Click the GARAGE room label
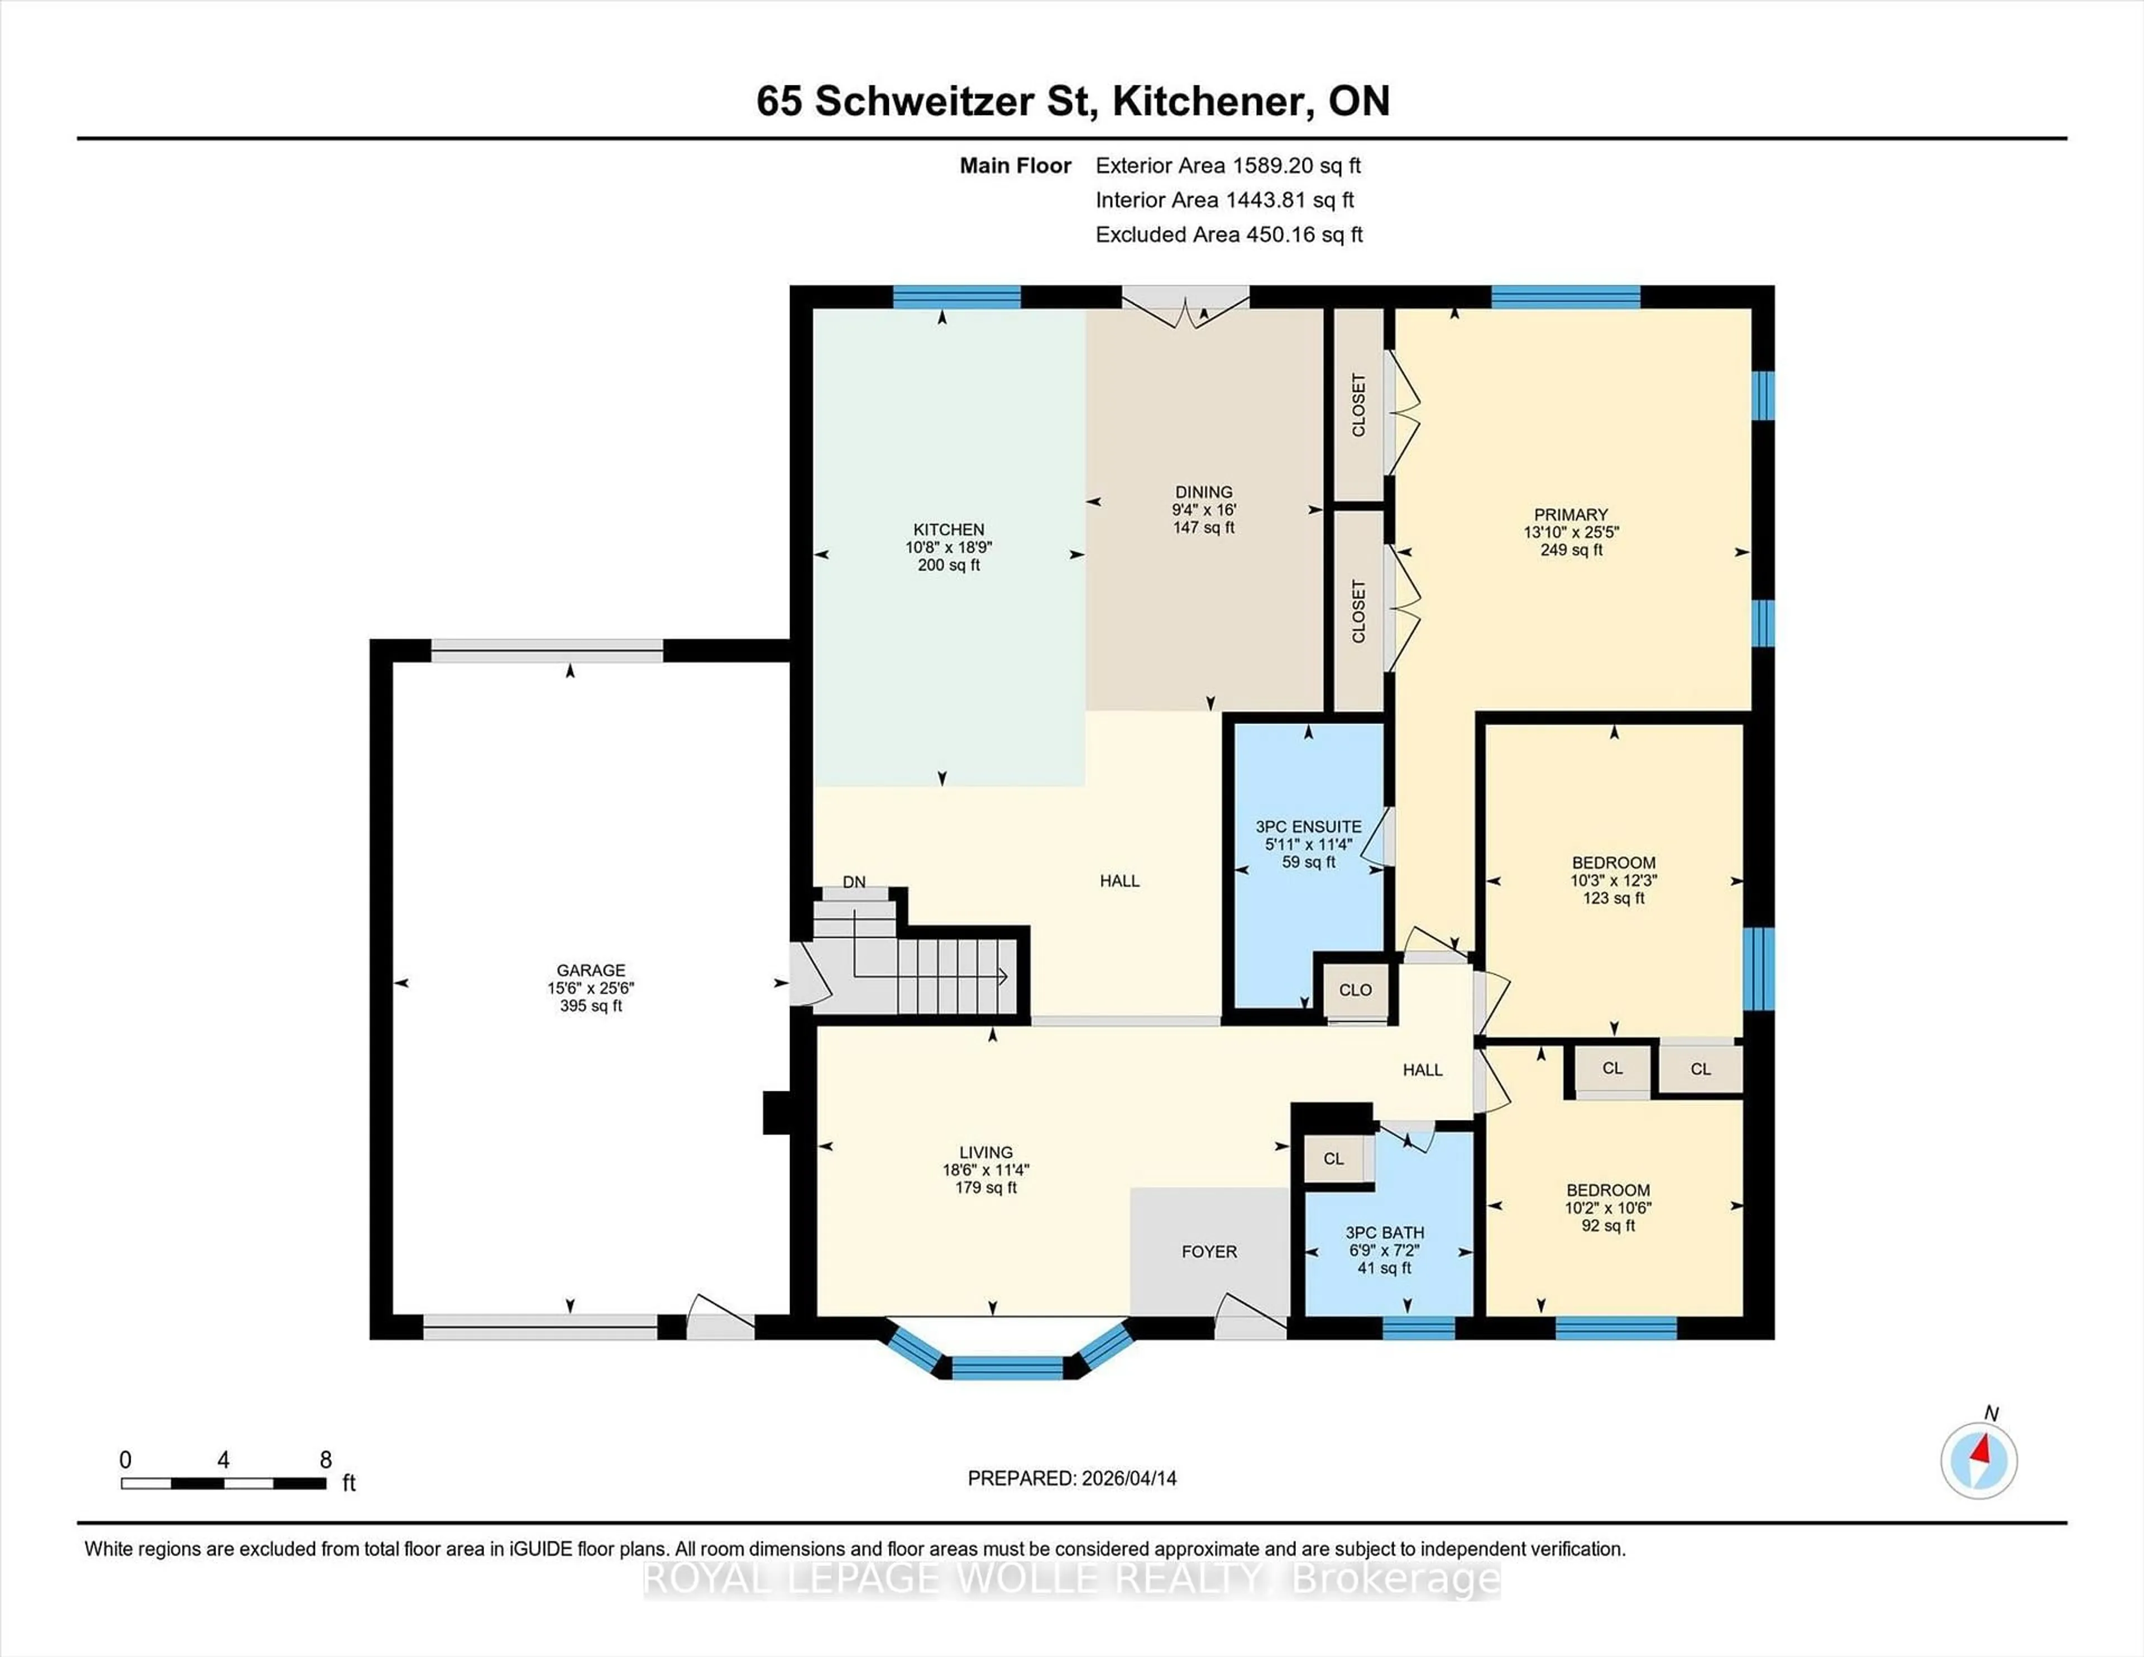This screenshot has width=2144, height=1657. click(x=590, y=970)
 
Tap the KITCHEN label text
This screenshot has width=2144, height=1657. click(x=948, y=529)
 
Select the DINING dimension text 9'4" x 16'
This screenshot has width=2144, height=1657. click(x=1204, y=510)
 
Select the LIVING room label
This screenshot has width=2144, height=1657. click(x=985, y=1152)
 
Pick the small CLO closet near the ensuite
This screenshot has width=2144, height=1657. click(x=1355, y=989)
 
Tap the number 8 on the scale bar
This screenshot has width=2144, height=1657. click(x=326, y=1460)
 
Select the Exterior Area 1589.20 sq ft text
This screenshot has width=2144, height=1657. click(x=1228, y=166)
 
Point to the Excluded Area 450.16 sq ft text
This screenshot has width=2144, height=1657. click(x=1229, y=234)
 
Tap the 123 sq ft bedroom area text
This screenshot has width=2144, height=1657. click(x=1613, y=898)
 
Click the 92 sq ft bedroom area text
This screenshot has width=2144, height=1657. click(x=1608, y=1226)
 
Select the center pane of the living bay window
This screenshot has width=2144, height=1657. click(x=1007, y=1367)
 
